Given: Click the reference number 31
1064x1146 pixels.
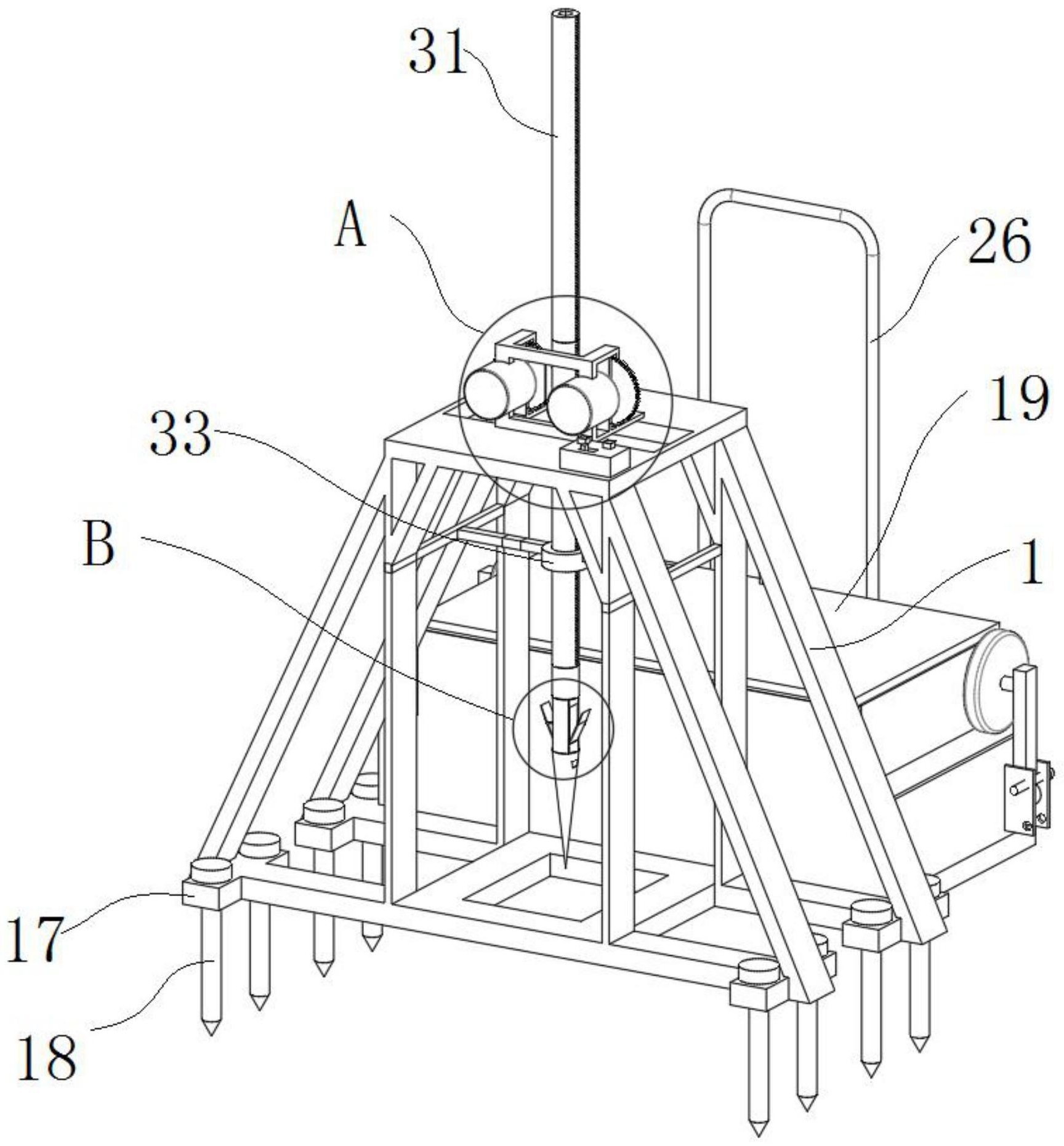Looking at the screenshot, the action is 438,53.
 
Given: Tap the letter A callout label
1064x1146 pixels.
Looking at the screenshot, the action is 350,226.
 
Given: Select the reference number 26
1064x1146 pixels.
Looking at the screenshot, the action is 999,241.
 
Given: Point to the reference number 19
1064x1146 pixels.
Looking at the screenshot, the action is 1017,399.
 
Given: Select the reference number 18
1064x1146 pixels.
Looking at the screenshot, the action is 47,1057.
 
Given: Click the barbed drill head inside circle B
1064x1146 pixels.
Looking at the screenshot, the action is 564,726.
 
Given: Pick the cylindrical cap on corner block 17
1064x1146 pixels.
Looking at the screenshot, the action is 211,870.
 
